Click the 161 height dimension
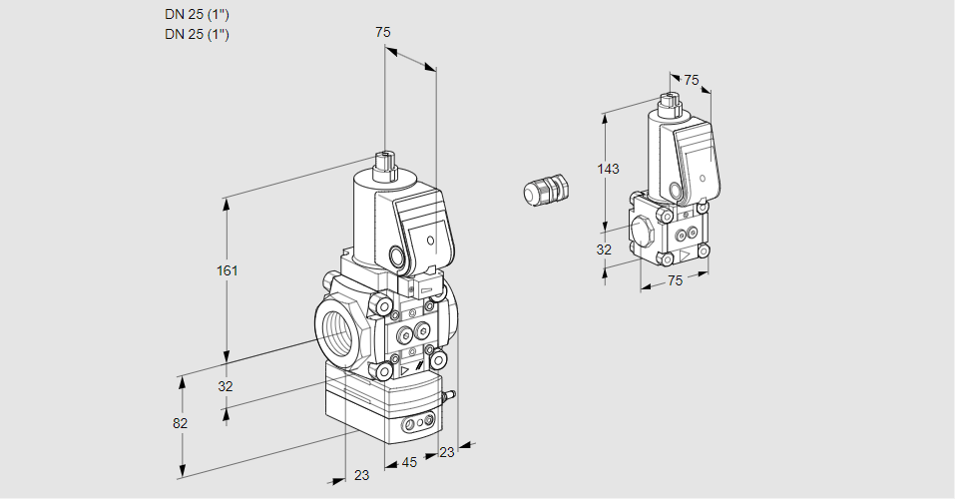(230, 270)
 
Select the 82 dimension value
(180, 423)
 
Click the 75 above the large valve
(382, 33)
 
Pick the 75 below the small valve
(675, 280)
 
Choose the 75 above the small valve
(691, 80)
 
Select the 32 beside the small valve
(604, 249)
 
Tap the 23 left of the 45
(361, 475)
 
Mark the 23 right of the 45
(446, 452)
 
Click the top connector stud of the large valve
(383, 162)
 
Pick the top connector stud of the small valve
(669, 101)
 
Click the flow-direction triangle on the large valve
(404, 371)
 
